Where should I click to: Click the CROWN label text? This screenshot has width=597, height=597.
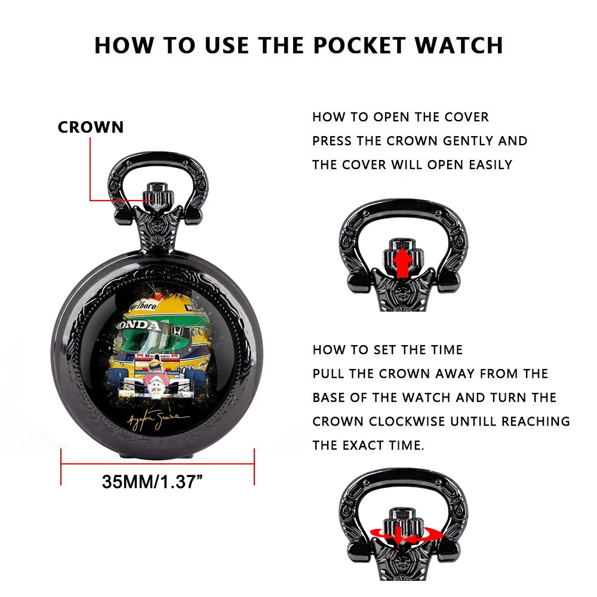[x=91, y=127]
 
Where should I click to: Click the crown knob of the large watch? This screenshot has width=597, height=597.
[x=158, y=193]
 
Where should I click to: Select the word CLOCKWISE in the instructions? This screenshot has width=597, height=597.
[x=407, y=421]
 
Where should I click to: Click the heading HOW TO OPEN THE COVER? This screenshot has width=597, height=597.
[x=401, y=117]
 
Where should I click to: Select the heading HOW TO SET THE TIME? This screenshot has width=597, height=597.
[x=387, y=350]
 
